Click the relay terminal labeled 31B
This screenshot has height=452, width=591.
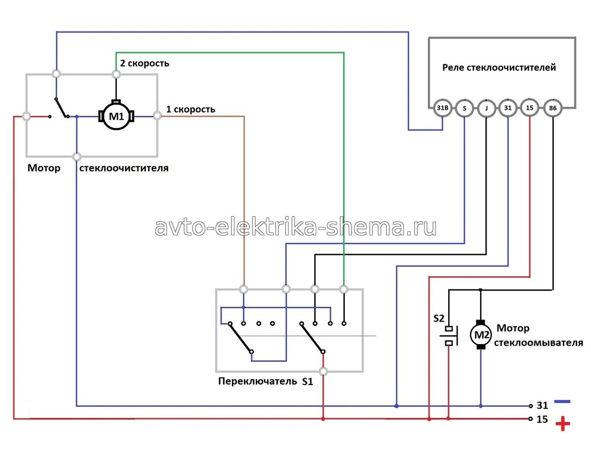coord(442,108)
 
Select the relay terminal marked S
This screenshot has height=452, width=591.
coord(464,108)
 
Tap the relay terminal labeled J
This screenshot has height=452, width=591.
coord(486,108)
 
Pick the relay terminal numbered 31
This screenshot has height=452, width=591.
coord(508,108)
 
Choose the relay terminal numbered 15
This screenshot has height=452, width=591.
coord(530,108)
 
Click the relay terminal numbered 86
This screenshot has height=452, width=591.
coord(553,108)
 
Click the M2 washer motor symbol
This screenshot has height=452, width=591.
coord(481,335)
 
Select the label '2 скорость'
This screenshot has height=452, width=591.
coord(145,63)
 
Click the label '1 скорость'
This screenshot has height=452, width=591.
coord(191,109)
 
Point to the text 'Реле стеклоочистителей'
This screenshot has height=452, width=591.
coord(499,67)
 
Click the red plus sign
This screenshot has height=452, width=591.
coord(562,423)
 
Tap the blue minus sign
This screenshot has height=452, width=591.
coord(562,401)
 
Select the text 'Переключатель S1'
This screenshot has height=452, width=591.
coord(265,381)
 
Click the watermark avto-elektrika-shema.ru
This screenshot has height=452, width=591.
coord(295,227)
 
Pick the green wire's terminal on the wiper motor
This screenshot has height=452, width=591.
coord(117,74)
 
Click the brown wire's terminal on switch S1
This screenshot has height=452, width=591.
coord(243,289)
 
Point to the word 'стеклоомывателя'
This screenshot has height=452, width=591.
coord(539,343)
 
